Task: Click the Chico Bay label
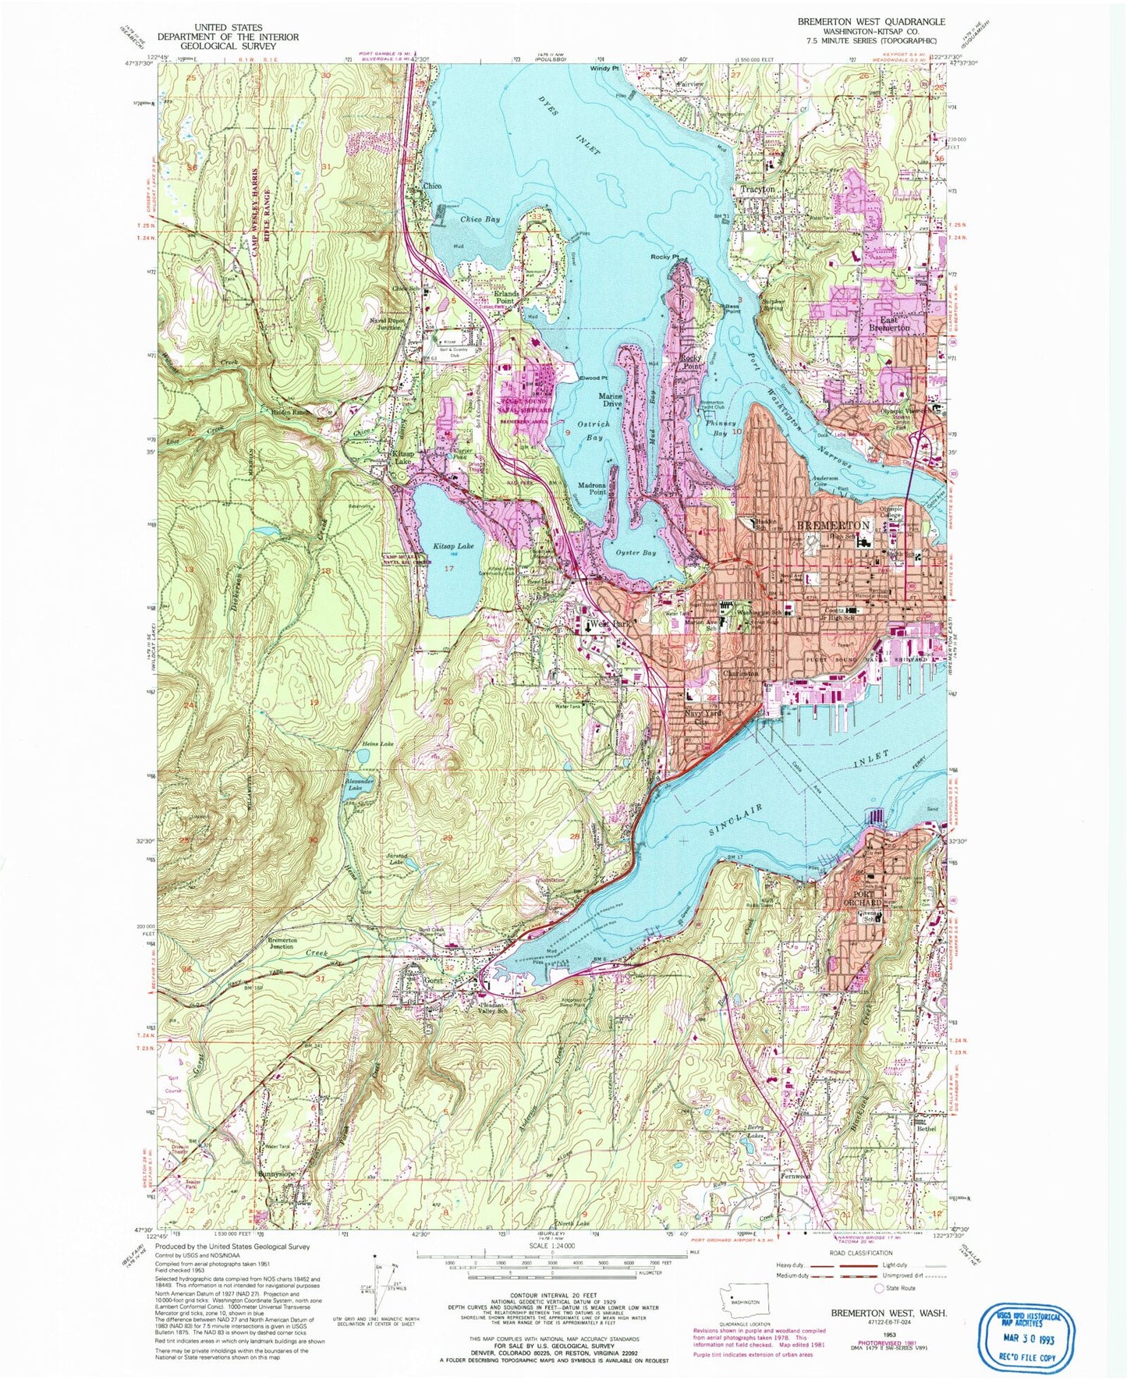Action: (x=480, y=220)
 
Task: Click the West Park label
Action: (x=608, y=624)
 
